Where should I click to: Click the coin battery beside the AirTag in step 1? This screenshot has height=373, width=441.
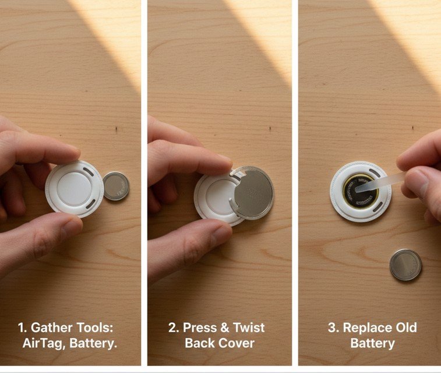pos(115,186)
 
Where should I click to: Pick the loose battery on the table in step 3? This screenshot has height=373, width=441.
pos(405,265)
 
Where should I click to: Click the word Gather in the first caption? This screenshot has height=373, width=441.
pos(52,328)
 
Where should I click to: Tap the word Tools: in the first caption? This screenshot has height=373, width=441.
pos(99,328)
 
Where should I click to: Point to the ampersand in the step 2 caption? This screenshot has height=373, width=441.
pos(227,328)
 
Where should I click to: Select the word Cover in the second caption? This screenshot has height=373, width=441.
pos(237,343)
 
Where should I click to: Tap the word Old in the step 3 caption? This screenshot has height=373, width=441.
pos(406,328)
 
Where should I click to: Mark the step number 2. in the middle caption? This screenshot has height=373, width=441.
pos(174,328)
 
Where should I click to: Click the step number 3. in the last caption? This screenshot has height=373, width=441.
pos(334,328)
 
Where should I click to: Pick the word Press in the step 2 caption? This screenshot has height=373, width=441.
pos(201,328)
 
